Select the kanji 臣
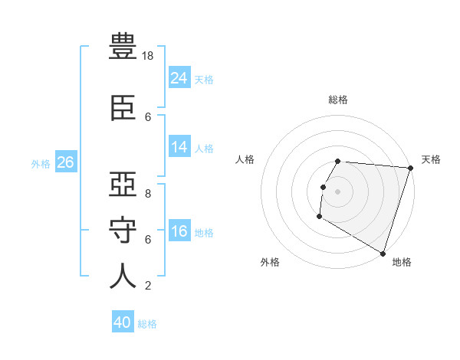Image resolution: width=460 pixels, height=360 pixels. (123, 107)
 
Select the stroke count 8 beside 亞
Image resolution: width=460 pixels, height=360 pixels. (148, 194)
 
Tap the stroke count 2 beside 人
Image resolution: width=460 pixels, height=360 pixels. (148, 286)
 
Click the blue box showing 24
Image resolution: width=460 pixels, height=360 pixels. (179, 78)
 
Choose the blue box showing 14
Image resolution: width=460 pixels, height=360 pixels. (179, 147)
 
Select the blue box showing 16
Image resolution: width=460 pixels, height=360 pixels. (179, 231)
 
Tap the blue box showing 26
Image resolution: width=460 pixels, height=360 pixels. (66, 162)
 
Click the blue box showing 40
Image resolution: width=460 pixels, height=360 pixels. (123, 322)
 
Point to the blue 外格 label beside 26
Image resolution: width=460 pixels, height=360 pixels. (41, 163)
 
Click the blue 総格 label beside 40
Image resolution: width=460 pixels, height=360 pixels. (148, 324)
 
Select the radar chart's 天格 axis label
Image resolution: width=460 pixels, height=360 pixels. (431, 159)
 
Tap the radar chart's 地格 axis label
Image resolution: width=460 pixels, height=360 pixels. (402, 262)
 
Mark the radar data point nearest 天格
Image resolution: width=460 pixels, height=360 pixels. (410, 168)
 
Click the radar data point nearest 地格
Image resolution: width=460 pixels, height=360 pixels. (383, 252)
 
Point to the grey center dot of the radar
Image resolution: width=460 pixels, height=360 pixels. (338, 191)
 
